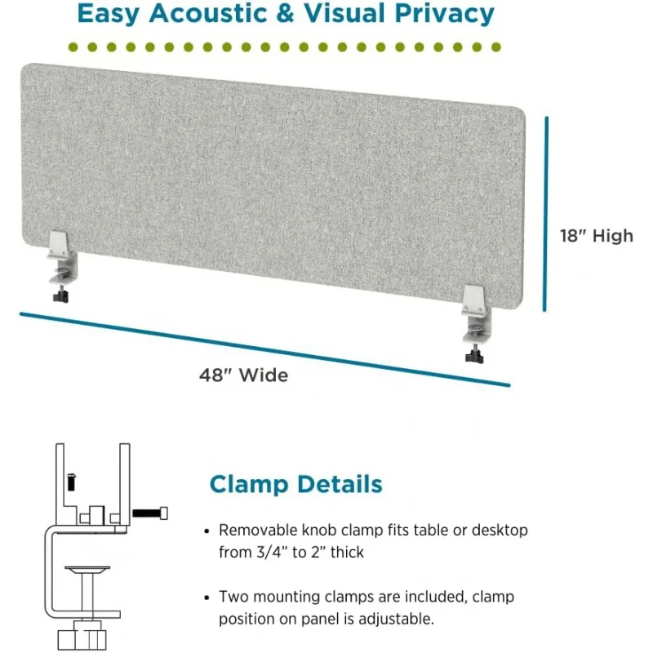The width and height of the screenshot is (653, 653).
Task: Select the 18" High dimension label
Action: (596, 236)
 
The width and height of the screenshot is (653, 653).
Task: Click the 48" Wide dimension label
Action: (243, 375)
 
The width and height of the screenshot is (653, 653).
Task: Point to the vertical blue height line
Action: (545, 213)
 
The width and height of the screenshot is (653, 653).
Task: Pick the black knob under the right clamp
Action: (473, 357)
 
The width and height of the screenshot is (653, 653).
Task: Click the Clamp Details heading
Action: (295, 484)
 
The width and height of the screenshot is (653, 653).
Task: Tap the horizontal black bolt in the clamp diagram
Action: (151, 513)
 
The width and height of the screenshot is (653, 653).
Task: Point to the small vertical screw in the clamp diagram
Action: (71, 482)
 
